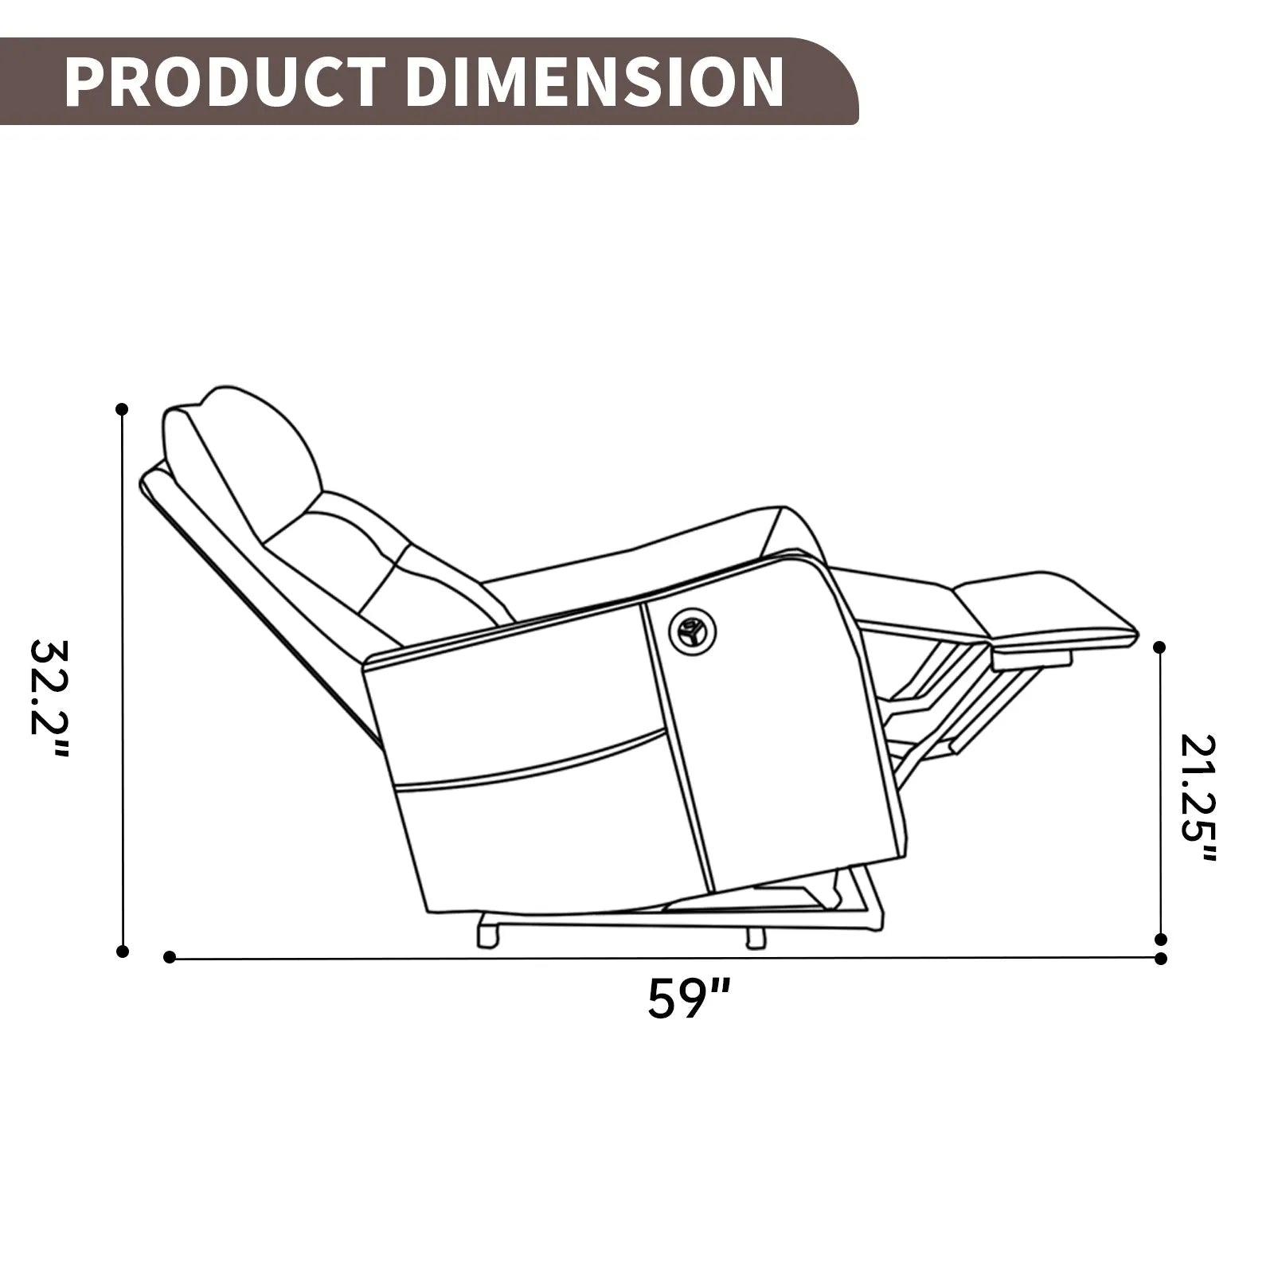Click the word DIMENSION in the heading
click(x=599, y=82)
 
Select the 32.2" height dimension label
click(x=49, y=699)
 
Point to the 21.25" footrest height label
click(x=1198, y=799)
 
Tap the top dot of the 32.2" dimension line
click(x=122, y=409)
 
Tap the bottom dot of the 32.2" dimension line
click(x=122, y=951)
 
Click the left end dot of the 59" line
click(x=169, y=957)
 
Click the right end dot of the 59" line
click(x=1161, y=958)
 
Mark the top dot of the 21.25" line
click(x=1160, y=647)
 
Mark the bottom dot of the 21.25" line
click(x=1160, y=940)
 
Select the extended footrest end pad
click(x=1043, y=609)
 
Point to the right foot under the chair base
click(x=755, y=937)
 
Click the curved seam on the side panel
click(x=533, y=760)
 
